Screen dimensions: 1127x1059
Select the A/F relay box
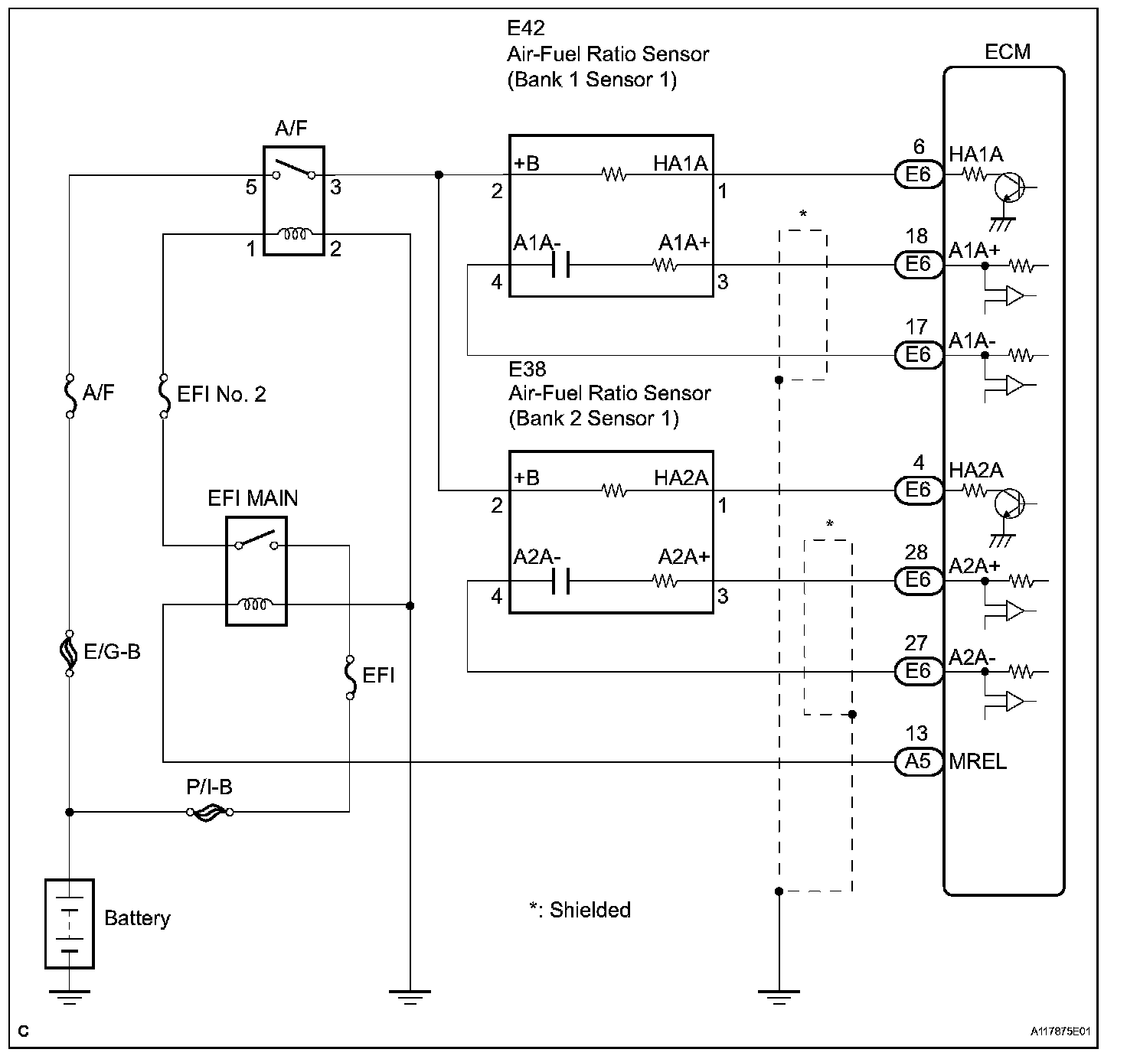tap(294, 200)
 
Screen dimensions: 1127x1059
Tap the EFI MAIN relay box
tap(256, 571)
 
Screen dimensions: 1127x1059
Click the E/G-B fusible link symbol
tap(69, 653)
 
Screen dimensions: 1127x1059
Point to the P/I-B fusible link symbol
tap(210, 813)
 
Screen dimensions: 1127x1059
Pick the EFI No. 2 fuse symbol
tap(164, 396)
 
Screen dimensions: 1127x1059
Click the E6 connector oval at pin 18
tap(918, 264)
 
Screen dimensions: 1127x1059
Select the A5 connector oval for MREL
tap(918, 762)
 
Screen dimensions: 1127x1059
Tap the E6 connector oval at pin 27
tap(918, 672)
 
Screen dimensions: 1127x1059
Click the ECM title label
tap(1008, 52)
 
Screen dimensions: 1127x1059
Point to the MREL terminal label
tap(978, 762)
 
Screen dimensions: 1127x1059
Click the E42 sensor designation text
tap(525, 28)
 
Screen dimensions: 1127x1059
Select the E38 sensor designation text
tap(528, 370)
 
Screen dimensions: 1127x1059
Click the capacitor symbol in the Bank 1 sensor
tap(560, 265)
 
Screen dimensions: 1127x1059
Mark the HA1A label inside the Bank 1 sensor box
tap(681, 164)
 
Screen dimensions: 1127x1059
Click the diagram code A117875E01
tap(1060, 1031)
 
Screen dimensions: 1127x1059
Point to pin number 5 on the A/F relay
tap(251, 187)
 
